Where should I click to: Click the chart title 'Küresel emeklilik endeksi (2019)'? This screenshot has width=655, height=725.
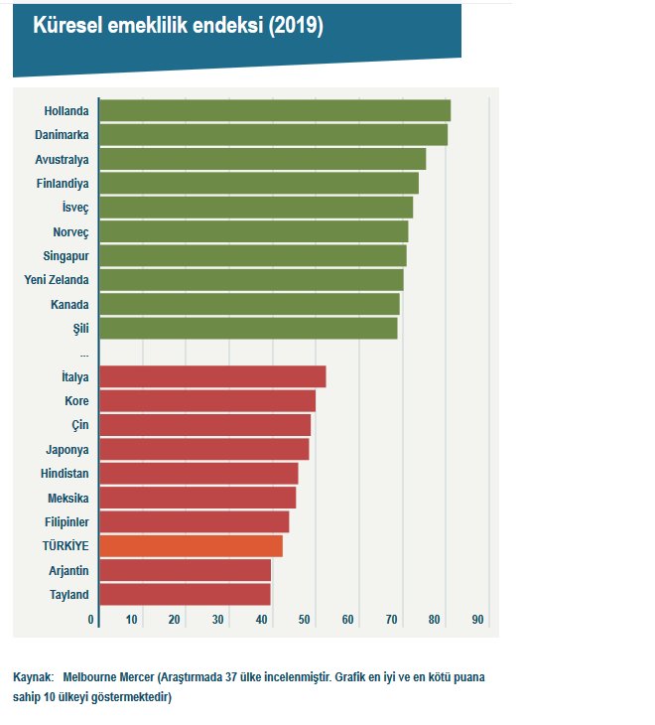[179, 27]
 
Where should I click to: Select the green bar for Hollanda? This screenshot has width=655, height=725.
[275, 110]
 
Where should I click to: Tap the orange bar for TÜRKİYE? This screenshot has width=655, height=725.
[191, 546]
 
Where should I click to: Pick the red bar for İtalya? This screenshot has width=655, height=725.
[212, 376]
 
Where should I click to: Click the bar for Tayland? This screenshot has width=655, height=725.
[185, 595]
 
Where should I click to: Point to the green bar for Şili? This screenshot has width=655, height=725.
[248, 329]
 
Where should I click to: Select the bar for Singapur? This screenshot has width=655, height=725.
[253, 256]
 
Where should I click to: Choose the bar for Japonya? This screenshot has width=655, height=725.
[203, 450]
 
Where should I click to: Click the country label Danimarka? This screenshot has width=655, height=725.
[62, 135]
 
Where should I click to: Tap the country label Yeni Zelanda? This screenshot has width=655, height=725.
[57, 280]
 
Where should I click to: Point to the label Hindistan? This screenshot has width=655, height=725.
[65, 474]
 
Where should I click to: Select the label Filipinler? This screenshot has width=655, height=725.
[66, 522]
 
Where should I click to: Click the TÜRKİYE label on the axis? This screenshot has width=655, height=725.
[65, 546]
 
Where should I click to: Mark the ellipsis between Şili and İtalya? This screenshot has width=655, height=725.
[84, 354]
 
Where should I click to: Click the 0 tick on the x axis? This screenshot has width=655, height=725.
[91, 620]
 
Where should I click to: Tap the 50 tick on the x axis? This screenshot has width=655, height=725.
[305, 620]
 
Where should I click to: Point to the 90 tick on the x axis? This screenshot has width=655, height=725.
[477, 620]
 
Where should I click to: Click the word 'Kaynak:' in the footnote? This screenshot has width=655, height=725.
[33, 677]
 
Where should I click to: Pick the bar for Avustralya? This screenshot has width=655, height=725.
[263, 159]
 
